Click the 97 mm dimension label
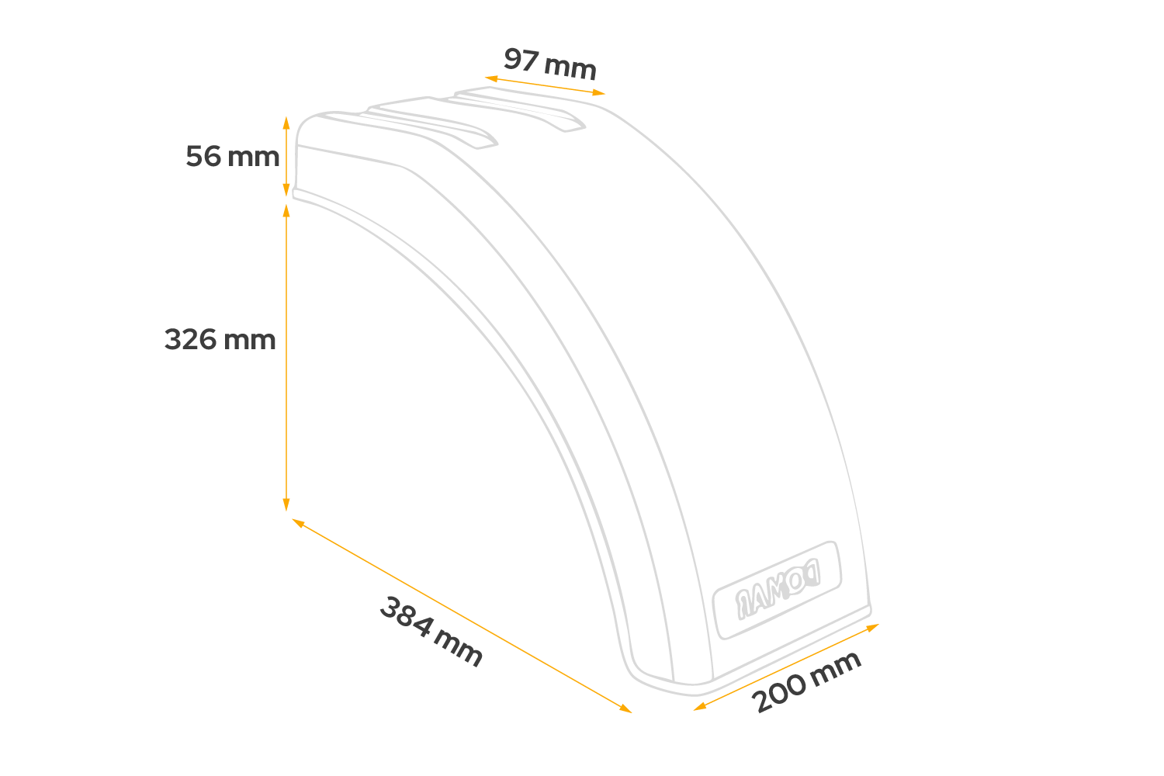549,64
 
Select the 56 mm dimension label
232,157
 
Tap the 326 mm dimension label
220,340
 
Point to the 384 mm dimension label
431,631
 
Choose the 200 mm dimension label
807,681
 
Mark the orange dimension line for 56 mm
286,155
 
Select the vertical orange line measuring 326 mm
286,357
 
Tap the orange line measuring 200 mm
785,667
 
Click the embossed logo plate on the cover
777,589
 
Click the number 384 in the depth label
407,616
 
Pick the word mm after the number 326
250,340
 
